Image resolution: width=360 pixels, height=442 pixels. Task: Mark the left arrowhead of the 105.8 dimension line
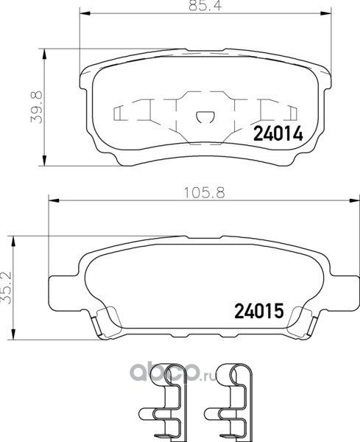pyautogui.click(x=54, y=200)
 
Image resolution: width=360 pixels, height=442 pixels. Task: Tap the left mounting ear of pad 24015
pyautogui.click(x=60, y=287)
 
